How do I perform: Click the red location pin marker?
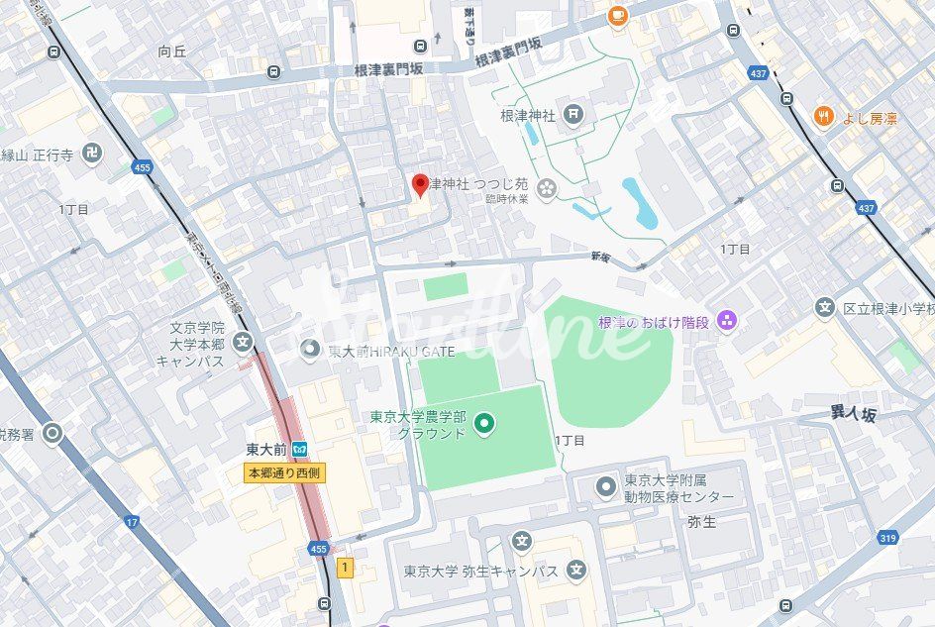(x=420, y=185)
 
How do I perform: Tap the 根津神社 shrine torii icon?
(x=572, y=116)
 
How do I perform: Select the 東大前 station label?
(x=267, y=450)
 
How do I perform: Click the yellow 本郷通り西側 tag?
(x=284, y=473)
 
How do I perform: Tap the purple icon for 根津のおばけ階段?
(x=727, y=320)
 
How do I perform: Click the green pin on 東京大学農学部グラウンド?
(x=484, y=425)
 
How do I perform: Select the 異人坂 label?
(x=853, y=415)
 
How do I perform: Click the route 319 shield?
(x=887, y=537)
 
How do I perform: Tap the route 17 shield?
(x=132, y=521)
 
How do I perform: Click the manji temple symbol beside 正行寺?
(x=92, y=154)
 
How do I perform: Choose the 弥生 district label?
(x=701, y=521)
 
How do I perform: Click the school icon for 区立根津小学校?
(x=824, y=308)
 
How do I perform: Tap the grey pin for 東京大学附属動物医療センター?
(x=606, y=486)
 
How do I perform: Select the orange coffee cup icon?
(x=618, y=14)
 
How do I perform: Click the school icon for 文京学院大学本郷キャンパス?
(x=243, y=343)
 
